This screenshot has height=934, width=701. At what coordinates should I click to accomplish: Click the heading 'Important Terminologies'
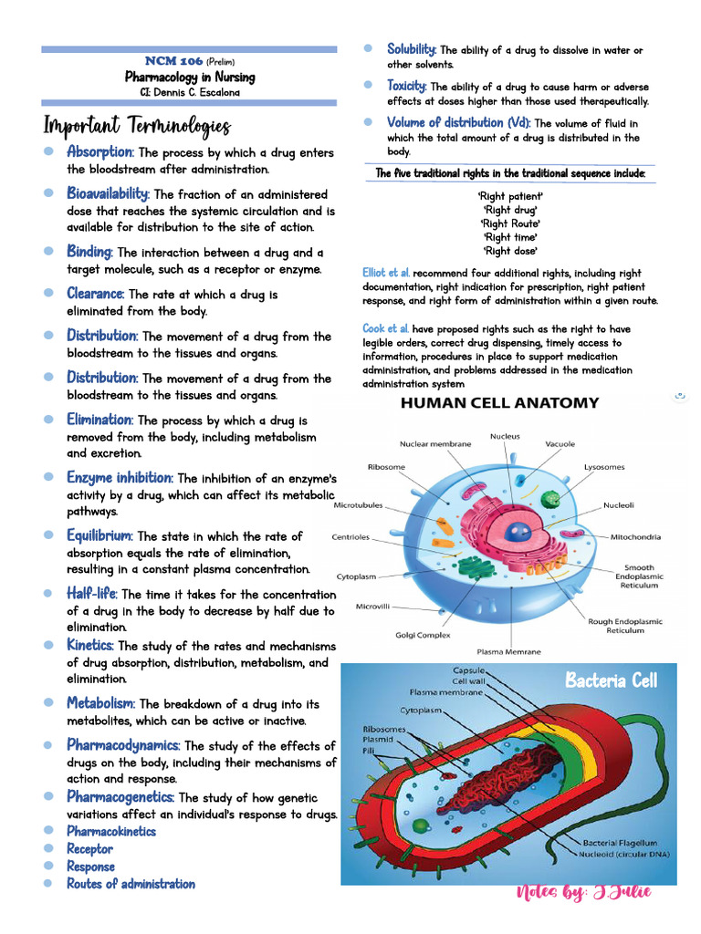pos(137,125)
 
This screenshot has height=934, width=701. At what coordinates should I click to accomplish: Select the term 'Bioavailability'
pos(108,194)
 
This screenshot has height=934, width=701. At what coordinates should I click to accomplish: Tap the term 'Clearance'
pos(95,294)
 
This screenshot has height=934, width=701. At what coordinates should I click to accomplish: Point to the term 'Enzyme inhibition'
pos(119,478)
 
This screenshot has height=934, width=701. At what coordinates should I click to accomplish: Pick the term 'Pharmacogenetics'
pos(120,797)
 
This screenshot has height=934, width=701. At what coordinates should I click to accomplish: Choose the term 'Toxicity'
pos(407,86)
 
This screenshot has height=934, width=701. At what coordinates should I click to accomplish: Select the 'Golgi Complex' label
pos(424,635)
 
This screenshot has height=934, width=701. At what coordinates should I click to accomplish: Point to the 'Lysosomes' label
pos(604,467)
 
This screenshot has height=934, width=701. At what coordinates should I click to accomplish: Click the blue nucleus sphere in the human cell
pos(520,530)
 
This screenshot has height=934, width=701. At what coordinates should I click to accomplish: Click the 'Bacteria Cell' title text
pos(611,680)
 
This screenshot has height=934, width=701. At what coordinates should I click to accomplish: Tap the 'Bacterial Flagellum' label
pos(623,842)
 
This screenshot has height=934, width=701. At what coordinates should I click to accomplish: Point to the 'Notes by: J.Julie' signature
pos(583,892)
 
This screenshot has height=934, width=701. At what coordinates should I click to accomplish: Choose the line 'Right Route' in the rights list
pos(510,223)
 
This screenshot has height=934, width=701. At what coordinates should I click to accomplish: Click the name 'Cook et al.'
pos(385,328)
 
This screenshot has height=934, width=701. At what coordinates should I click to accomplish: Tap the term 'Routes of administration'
pos(131,884)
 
